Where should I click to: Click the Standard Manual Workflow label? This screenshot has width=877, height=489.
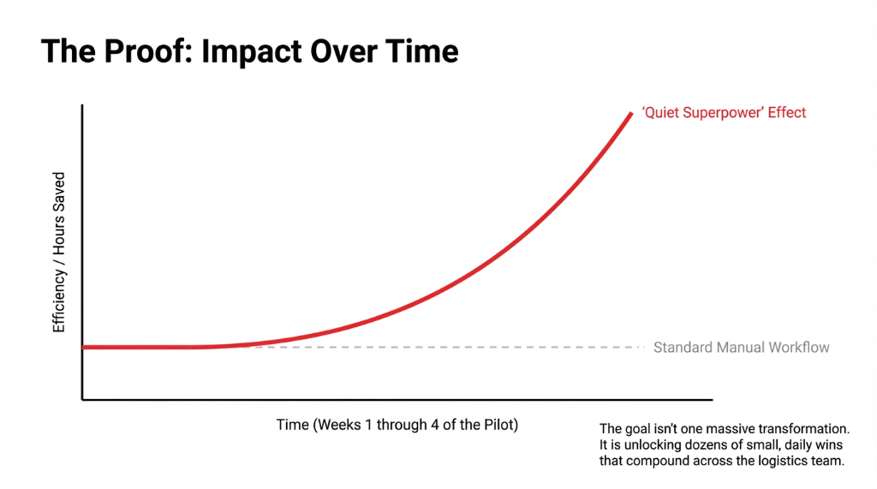click(x=741, y=348)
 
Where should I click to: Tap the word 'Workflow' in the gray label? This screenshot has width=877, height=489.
click(x=798, y=348)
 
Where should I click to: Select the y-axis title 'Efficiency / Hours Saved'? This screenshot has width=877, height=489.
click(x=59, y=253)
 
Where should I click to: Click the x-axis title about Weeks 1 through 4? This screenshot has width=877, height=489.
click(x=397, y=425)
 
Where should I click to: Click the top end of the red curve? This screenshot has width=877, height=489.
click(x=631, y=112)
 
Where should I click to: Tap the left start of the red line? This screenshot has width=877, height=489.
click(x=84, y=347)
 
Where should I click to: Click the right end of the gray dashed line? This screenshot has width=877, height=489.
click(x=642, y=347)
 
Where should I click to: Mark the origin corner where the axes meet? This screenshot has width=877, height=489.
click(x=82, y=399)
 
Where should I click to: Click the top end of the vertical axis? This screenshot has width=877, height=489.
click(x=82, y=105)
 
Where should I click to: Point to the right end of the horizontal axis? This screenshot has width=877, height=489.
click(x=711, y=399)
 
